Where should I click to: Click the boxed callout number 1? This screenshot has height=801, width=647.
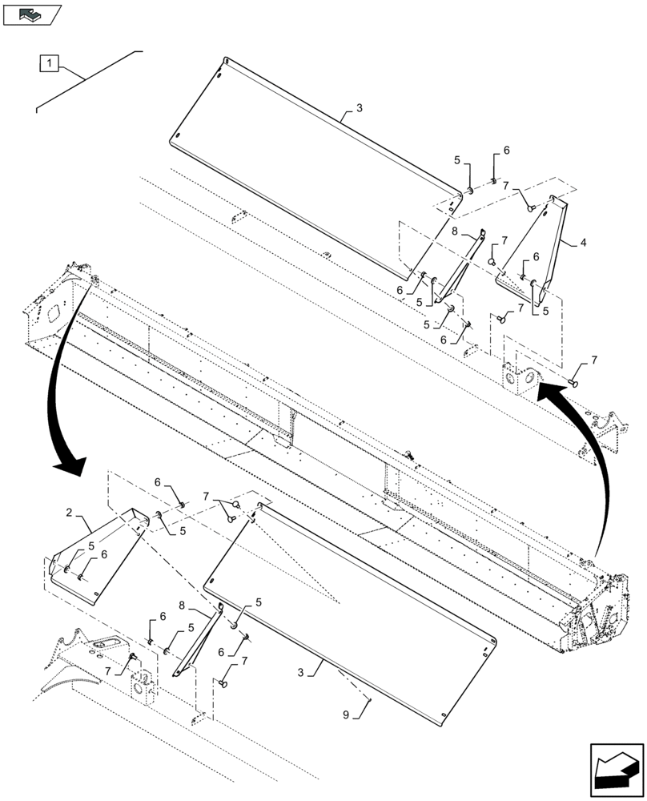coord(48,62)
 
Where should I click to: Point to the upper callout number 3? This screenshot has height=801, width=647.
coord(359,108)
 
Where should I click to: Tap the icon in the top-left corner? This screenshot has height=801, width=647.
coord(32,14)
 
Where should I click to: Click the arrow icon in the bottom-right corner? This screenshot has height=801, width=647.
coord(616,771)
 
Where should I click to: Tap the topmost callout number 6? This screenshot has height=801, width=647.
coord(506,151)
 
